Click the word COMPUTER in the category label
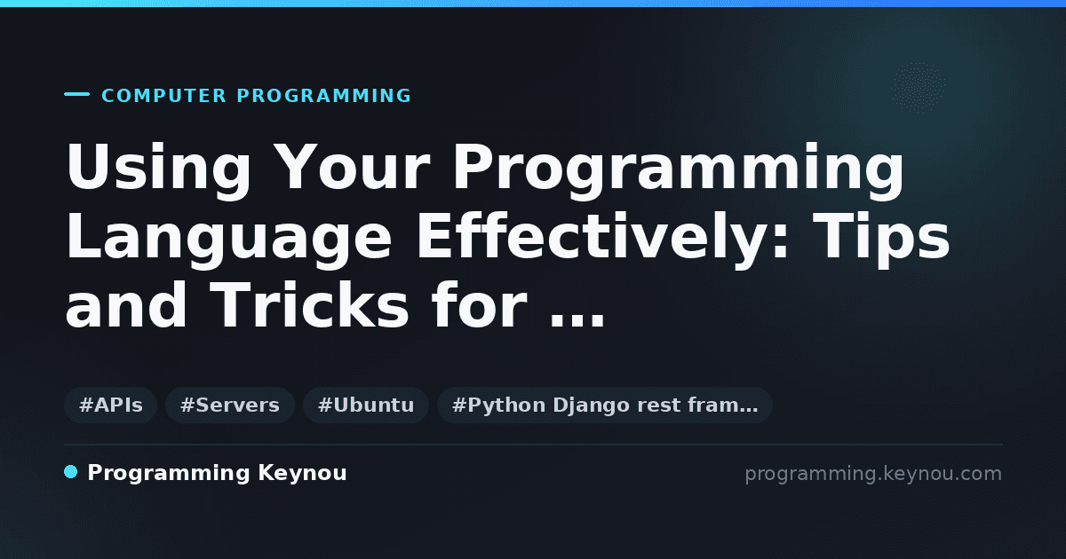163,96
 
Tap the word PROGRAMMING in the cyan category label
324,96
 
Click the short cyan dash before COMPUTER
76,94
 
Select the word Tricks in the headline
309,304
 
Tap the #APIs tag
111,405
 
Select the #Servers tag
230,405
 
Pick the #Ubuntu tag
366,405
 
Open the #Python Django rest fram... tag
604,405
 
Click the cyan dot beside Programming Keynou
71,472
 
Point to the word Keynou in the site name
302,474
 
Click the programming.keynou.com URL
873,474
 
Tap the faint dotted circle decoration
918,88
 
